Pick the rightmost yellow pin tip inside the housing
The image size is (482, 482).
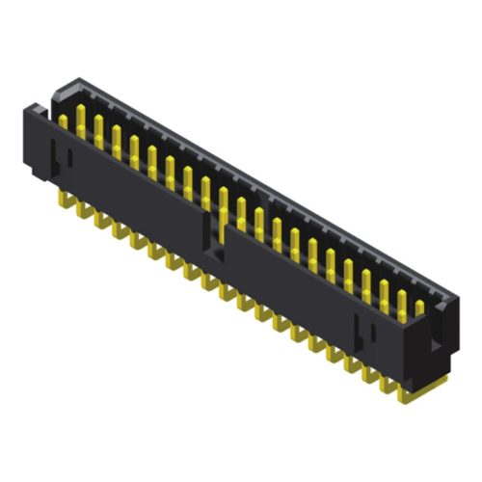coord(419,307)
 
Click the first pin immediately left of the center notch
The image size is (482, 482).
coord(205,192)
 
